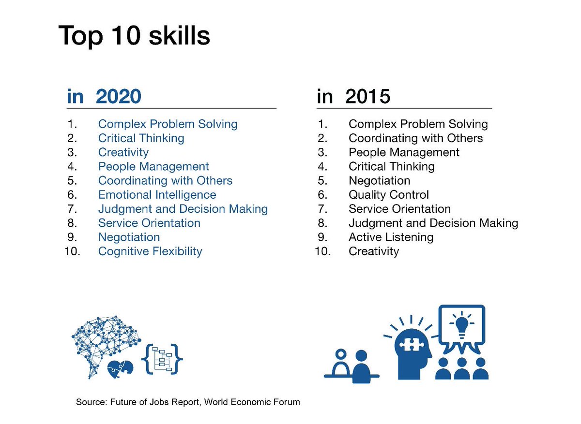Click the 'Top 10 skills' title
(x=134, y=35)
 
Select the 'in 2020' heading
(x=104, y=97)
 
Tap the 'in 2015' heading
(x=353, y=97)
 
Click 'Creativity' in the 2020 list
(x=123, y=152)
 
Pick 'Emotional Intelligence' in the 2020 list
(x=157, y=195)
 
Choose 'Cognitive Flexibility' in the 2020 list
(x=150, y=251)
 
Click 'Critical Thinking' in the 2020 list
(x=141, y=138)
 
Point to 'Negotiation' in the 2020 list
(x=129, y=237)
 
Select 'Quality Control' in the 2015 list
(x=388, y=195)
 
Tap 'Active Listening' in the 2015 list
(x=391, y=237)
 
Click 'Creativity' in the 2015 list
(x=374, y=251)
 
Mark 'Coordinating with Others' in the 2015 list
(x=415, y=138)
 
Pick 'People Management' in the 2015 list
(x=404, y=152)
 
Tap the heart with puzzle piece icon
(x=120, y=368)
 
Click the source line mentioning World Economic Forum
(x=188, y=402)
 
